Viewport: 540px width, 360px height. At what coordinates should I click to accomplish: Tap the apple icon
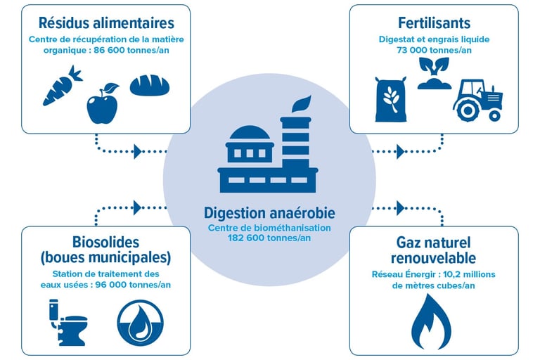[103, 105]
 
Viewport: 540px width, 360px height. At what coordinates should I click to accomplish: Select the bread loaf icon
[150, 84]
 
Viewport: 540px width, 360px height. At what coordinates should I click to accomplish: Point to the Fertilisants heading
[433, 23]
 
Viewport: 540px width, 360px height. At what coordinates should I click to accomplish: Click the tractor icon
[478, 100]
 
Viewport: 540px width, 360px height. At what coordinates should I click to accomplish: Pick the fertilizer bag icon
[390, 99]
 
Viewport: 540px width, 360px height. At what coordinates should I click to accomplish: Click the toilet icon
[67, 322]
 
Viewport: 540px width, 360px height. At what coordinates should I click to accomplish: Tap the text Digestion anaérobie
[269, 213]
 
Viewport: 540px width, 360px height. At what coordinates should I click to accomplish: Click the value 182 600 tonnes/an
[269, 238]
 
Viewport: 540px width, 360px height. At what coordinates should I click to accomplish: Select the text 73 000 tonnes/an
[433, 51]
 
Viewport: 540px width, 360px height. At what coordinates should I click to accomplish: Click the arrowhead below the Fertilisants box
[400, 150]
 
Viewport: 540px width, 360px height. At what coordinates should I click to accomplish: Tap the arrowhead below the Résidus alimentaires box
[138, 150]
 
